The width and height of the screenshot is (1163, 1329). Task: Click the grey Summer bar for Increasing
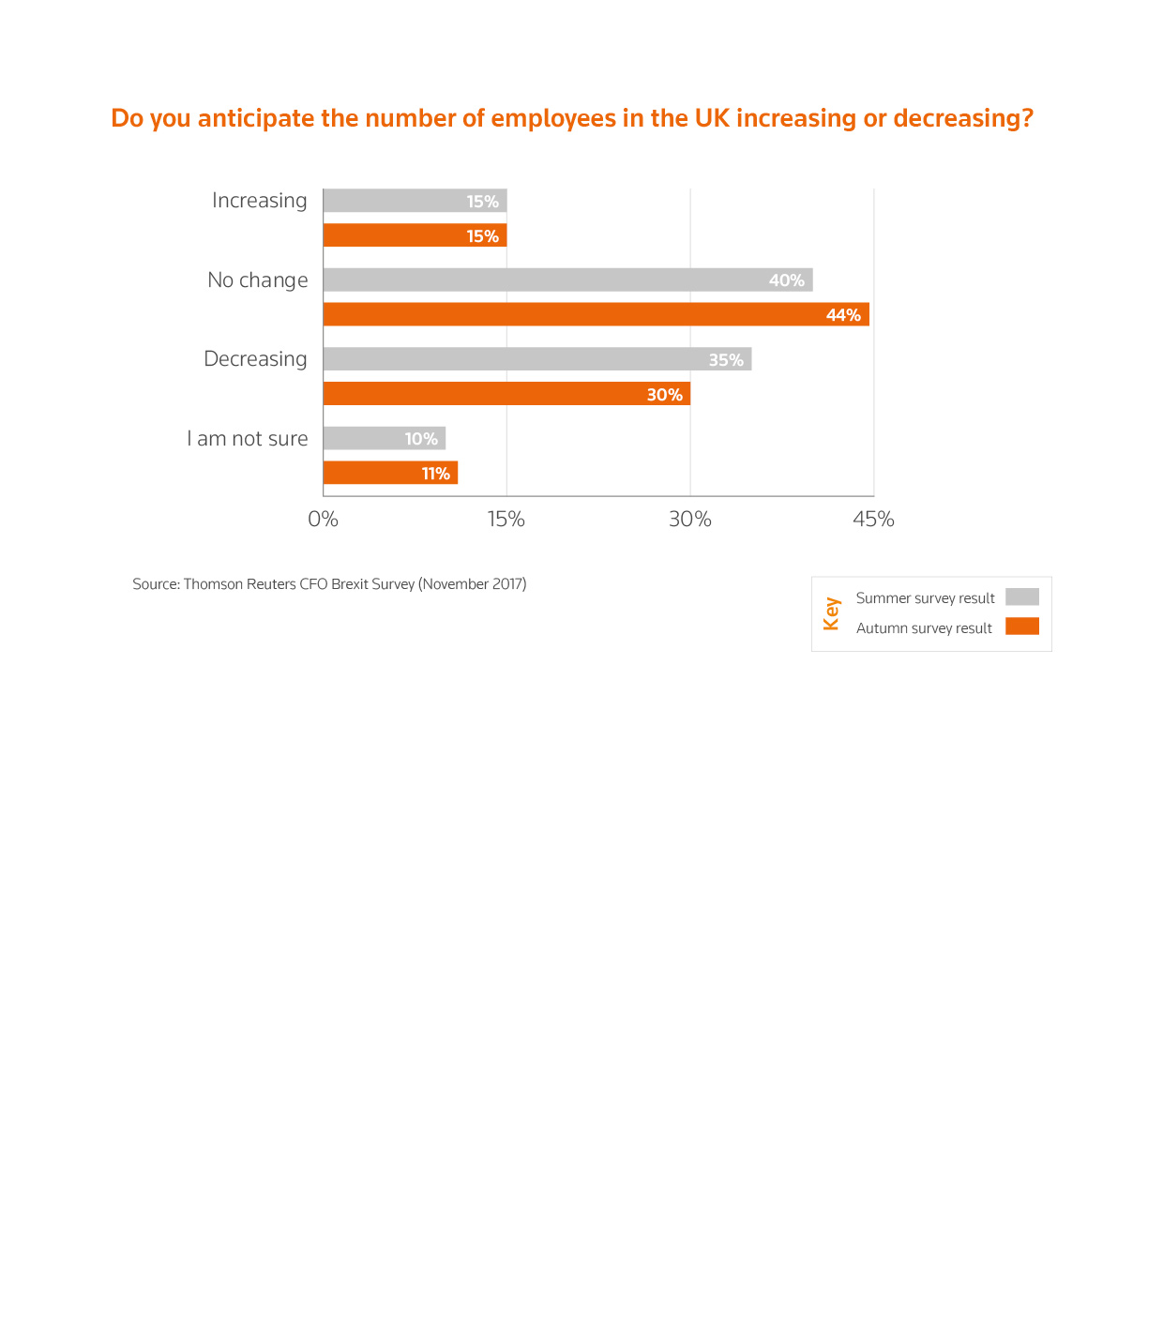tap(415, 201)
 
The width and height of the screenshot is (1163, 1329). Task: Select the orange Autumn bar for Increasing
tap(415, 235)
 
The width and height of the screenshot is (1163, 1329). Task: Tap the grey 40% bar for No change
tap(567, 279)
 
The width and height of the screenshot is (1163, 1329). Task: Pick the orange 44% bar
tap(596, 314)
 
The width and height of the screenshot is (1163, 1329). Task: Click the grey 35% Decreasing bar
tap(536, 359)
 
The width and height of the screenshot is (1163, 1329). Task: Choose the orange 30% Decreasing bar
tap(506, 394)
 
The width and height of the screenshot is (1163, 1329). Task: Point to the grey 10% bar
tap(384, 438)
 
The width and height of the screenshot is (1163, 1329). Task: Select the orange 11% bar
tap(390, 473)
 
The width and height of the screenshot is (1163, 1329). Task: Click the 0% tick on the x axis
tap(323, 520)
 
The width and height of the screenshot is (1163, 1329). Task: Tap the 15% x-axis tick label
tap(506, 520)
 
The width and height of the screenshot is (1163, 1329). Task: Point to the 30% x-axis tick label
tap(690, 520)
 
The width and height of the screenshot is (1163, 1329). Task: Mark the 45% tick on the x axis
tap(873, 520)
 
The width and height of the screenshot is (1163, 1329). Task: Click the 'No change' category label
tap(258, 280)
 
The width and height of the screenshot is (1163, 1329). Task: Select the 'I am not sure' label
tap(248, 439)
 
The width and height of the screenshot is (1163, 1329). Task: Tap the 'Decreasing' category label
tap(255, 359)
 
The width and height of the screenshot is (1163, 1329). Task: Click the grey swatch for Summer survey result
tap(1021, 597)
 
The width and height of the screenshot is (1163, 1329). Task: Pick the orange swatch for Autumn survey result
tap(1021, 627)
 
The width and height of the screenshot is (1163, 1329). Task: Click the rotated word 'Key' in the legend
tap(831, 613)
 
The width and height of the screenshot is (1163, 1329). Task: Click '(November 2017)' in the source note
tap(473, 584)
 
